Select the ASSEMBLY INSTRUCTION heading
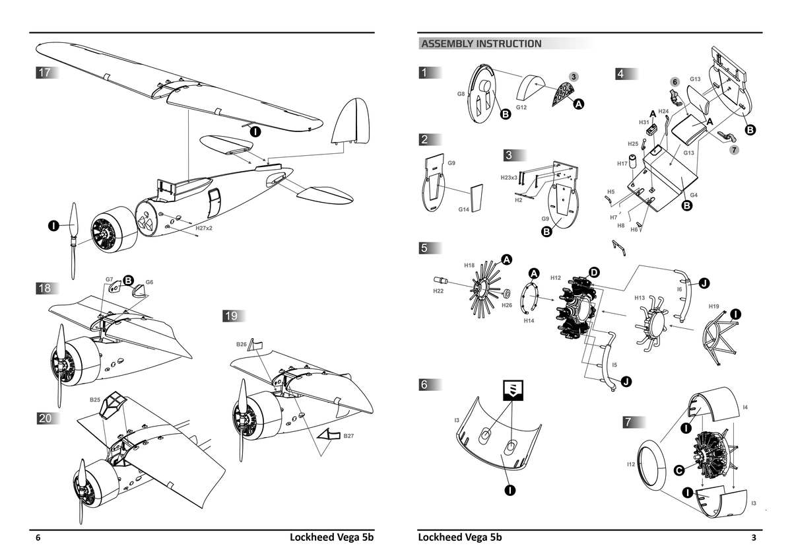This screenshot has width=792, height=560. pyautogui.click(x=481, y=44)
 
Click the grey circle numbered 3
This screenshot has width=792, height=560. pyautogui.click(x=574, y=77)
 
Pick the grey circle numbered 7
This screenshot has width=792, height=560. pyautogui.click(x=734, y=150)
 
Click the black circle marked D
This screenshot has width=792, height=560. pyautogui.click(x=593, y=272)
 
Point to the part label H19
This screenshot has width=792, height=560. pyautogui.click(x=713, y=306)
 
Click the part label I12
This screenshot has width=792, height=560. pyautogui.click(x=631, y=465)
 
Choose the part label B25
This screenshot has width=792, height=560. pyautogui.click(x=94, y=400)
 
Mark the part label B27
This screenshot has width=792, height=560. pyautogui.click(x=348, y=436)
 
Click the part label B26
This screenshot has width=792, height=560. pyautogui.click(x=242, y=345)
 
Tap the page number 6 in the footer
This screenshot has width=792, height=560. pyautogui.click(x=38, y=538)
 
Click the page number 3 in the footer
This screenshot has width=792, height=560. pyautogui.click(x=753, y=538)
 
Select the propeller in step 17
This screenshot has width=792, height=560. pyautogui.click(x=73, y=241)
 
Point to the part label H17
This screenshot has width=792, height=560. pyautogui.click(x=622, y=164)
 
